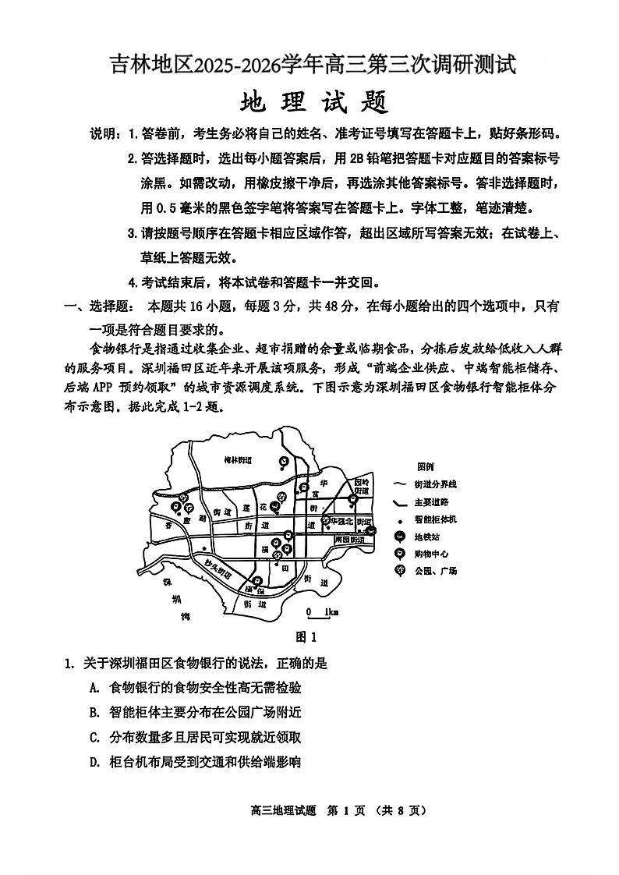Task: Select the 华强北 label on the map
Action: pyautogui.click(x=341, y=520)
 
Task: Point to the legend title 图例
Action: pyautogui.click(x=426, y=466)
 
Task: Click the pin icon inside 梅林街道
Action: pyautogui.click(x=285, y=462)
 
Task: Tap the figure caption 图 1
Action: pyautogui.click(x=309, y=636)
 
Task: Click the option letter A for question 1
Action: pyautogui.click(x=94, y=688)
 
